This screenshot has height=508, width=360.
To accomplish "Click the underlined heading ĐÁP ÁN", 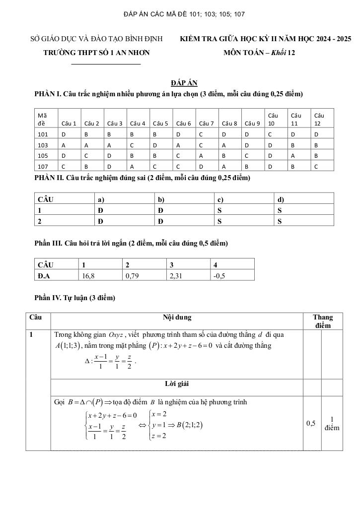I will tap(184, 83).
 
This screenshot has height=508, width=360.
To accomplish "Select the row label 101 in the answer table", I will tap(42, 134).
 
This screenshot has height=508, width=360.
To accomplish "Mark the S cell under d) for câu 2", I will tap(280, 222).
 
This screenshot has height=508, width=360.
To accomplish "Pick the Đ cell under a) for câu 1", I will tap(100, 210).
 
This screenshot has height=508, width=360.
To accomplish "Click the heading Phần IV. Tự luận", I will tap(74, 298).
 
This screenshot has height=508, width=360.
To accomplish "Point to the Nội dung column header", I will tap(177, 317).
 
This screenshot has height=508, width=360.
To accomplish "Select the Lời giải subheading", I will tap(177, 384).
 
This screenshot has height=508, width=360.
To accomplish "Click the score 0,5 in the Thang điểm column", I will tap(311, 423).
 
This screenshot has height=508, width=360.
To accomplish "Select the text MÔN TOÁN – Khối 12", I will tap(259, 53).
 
